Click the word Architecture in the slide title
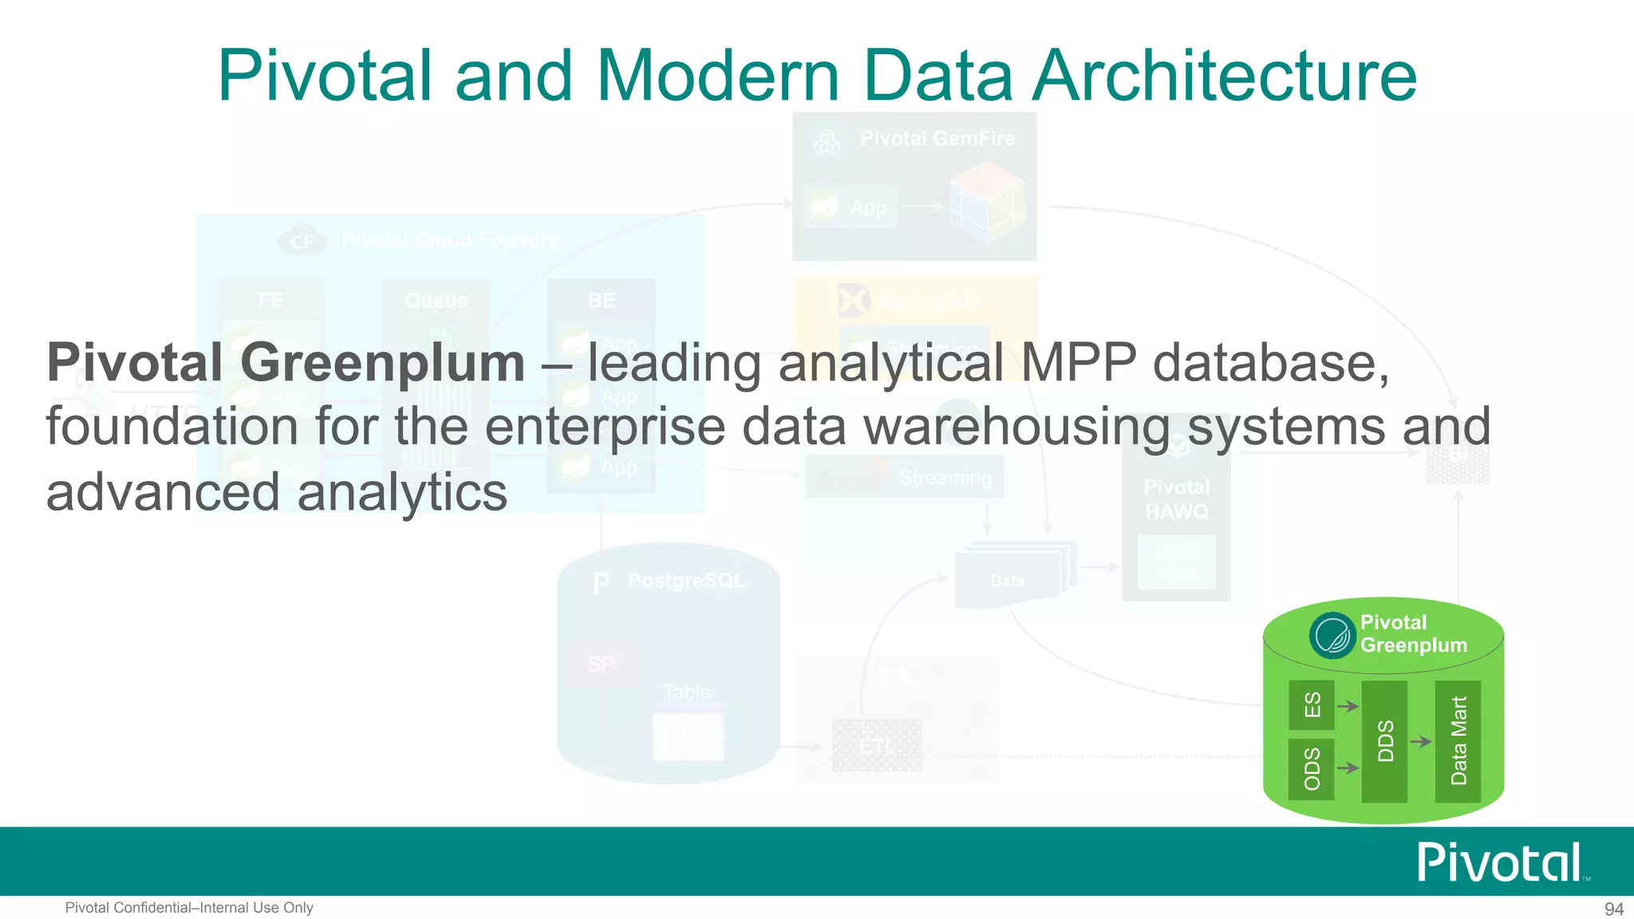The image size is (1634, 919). click(x=1225, y=76)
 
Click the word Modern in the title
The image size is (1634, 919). click(x=718, y=76)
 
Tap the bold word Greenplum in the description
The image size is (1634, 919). click(x=382, y=364)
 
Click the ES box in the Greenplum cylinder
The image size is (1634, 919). click(x=1311, y=705)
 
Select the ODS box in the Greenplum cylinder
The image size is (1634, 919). click(x=1311, y=769)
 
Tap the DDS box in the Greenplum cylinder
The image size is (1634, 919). click(x=1384, y=741)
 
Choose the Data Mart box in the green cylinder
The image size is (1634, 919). click(x=1458, y=741)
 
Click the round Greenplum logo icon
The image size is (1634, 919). click(x=1332, y=636)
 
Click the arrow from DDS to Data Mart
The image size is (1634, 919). click(x=1421, y=742)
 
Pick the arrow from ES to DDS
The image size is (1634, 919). click(x=1348, y=706)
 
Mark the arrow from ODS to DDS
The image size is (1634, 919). click(x=1348, y=768)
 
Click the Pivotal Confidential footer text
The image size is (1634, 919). click(x=189, y=908)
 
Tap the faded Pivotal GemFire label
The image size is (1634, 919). click(x=937, y=139)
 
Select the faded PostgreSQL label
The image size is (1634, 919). click(x=686, y=581)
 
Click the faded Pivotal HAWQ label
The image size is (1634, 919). click(x=1177, y=499)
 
